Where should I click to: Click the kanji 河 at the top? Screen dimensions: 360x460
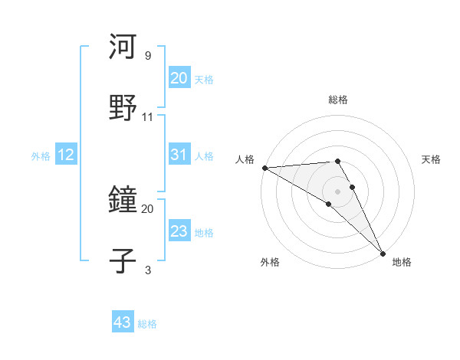[123, 47]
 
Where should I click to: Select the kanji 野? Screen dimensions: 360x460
[123, 106]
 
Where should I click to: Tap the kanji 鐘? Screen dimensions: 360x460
[123, 201]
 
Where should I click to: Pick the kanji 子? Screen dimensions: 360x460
[123, 260]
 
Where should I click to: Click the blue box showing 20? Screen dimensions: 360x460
[179, 78]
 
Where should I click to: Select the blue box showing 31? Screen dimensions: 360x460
[179, 155]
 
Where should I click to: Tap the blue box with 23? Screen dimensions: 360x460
[179, 231]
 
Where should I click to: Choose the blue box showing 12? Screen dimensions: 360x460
[65, 155]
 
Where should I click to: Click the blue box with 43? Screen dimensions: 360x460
[122, 322]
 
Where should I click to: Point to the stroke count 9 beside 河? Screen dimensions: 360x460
[148, 55]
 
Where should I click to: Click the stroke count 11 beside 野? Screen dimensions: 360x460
[148, 116]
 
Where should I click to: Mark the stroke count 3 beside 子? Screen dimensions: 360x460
[148, 270]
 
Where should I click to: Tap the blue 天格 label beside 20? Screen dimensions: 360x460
[204, 80]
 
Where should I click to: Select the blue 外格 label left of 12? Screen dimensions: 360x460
[41, 156]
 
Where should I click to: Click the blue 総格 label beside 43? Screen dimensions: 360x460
[147, 324]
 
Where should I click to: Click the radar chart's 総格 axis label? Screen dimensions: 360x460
[338, 100]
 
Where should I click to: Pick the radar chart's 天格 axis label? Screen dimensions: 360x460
[432, 159]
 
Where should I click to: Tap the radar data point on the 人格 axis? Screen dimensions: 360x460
[264, 168]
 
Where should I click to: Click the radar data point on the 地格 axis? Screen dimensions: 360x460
[383, 252]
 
